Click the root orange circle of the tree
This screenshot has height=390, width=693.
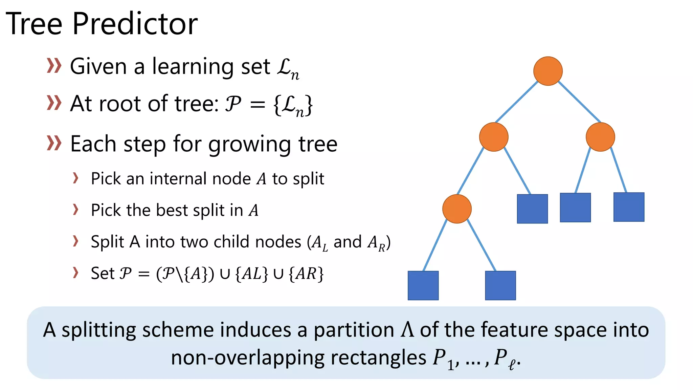pos(548,71)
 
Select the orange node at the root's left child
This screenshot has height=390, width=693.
pos(494,137)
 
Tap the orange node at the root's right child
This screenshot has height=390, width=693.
pos(600,137)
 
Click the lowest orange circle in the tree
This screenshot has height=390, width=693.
pos(457,209)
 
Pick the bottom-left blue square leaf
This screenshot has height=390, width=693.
pos(423,285)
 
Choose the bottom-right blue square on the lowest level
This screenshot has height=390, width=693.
pos(500,285)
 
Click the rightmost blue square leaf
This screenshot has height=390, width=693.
pos(629,207)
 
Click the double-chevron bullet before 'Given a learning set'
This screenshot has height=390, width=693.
pos(54,66)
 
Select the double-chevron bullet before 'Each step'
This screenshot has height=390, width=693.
pos(54,143)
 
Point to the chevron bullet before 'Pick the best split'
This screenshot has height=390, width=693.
pos(76,210)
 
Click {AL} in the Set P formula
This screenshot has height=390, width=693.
pos(251,274)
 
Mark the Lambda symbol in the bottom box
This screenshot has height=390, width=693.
pos(407,330)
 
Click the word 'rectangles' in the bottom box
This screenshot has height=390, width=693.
pos(378,357)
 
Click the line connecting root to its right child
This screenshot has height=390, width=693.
pos(579,102)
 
